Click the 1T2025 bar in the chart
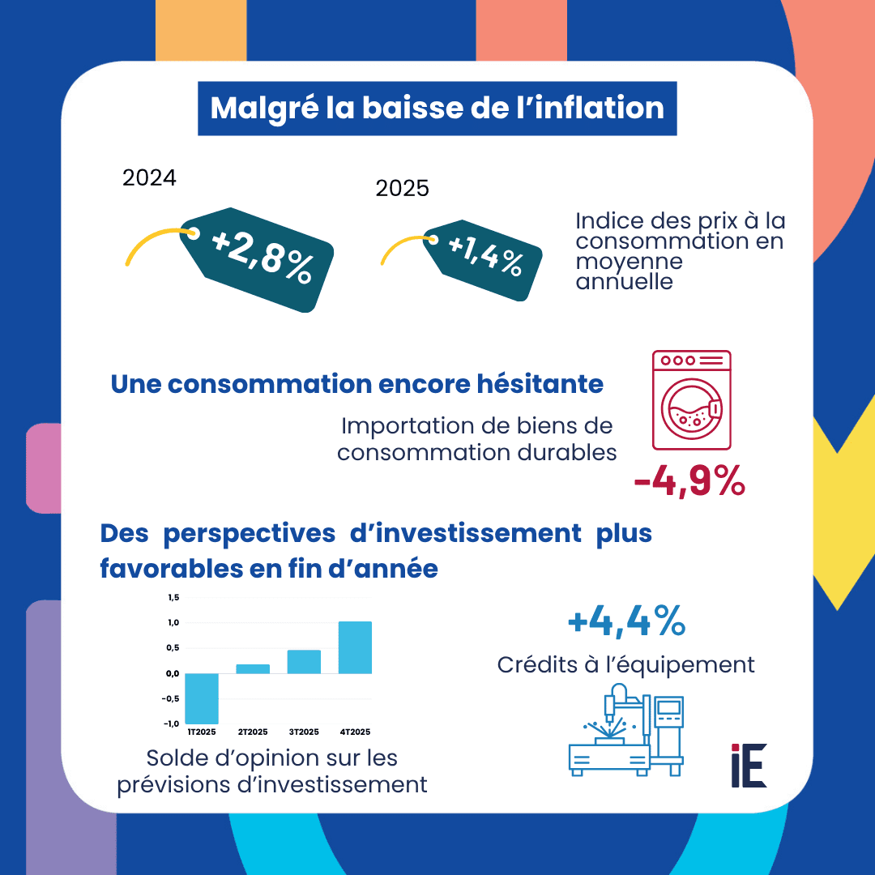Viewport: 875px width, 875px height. [202, 698]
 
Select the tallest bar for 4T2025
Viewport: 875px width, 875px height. [355, 647]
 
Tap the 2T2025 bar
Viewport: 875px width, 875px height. [253, 668]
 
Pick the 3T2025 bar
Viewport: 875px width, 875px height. [304, 661]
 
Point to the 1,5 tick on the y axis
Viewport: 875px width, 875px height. [172, 598]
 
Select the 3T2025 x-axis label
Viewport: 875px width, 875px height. [304, 732]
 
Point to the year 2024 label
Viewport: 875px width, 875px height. [149, 178]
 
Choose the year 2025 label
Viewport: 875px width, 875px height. [402, 189]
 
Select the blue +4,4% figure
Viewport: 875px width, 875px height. [626, 622]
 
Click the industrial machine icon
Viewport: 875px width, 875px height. [625, 729]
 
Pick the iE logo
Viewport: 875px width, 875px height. [748, 765]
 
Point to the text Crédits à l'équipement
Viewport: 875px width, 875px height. [626, 665]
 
